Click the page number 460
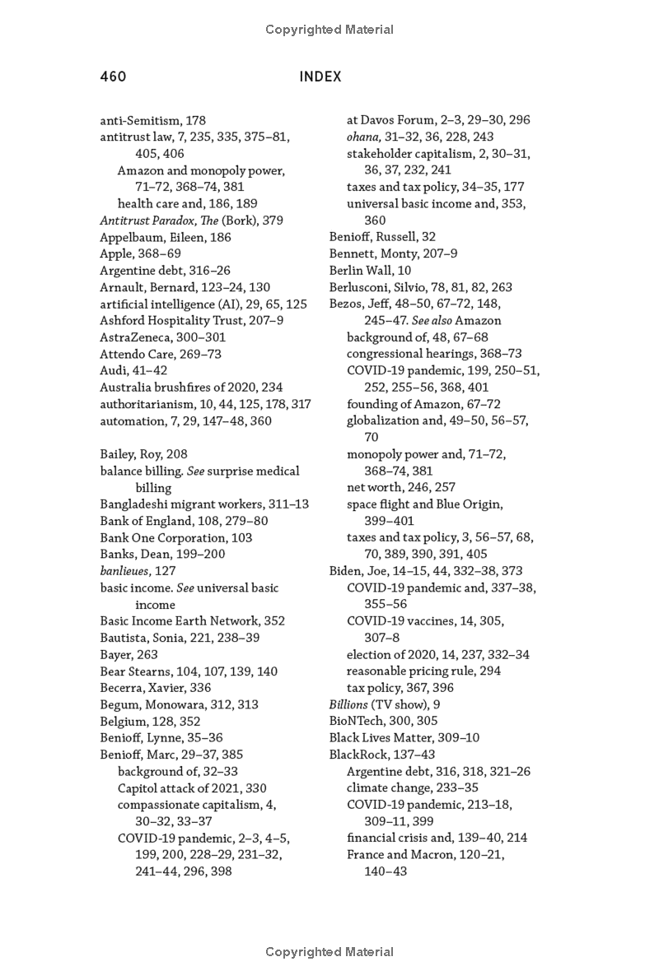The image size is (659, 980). pos(113,77)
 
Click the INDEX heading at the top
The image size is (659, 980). pos(320,77)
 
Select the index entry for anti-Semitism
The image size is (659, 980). pos(152,120)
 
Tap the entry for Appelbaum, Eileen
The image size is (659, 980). pos(166,237)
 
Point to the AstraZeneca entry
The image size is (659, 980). pos(162,337)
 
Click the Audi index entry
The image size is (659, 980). pos(133,370)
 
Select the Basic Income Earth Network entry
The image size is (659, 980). pos(192,621)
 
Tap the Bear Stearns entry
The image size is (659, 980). pos(189,671)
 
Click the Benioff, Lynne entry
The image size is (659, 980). pos(161,738)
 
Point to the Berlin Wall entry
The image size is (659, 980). pos(370,270)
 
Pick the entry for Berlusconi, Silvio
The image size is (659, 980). pos(420,287)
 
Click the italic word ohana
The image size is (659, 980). pos(363,137)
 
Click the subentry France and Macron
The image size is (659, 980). pos(425,854)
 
